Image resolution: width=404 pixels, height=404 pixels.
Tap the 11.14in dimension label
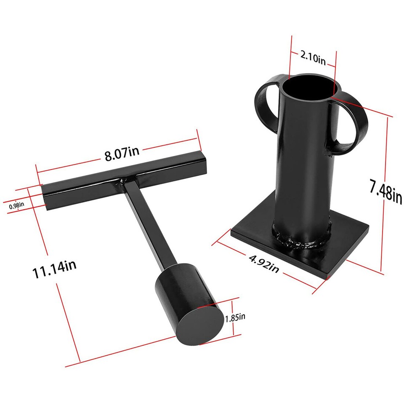(x=55, y=266)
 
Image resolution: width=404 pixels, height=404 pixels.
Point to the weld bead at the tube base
(x=301, y=242)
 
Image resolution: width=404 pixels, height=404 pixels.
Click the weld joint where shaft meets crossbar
(x=125, y=183)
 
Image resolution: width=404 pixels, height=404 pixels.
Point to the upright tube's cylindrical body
(x=303, y=168)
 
